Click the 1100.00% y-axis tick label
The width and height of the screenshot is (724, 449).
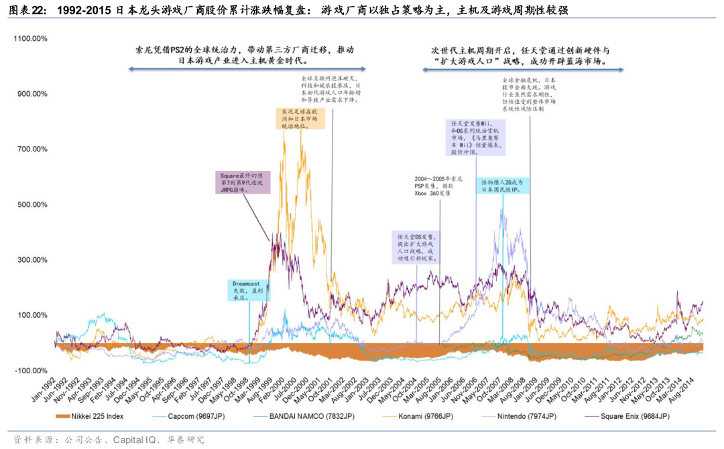click(x=30, y=39)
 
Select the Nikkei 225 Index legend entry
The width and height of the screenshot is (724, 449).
click(x=93, y=417)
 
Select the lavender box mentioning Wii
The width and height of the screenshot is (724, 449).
click(x=477, y=138)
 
